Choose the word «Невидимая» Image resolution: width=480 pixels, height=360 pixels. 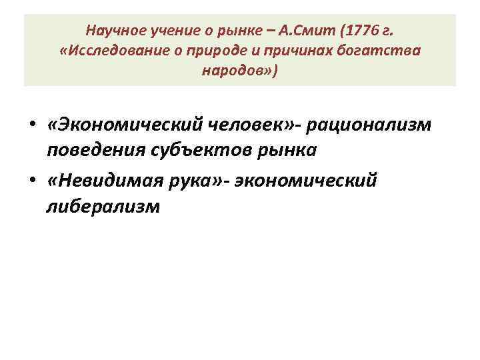107,179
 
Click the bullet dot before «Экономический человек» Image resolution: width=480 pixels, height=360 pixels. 31,125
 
